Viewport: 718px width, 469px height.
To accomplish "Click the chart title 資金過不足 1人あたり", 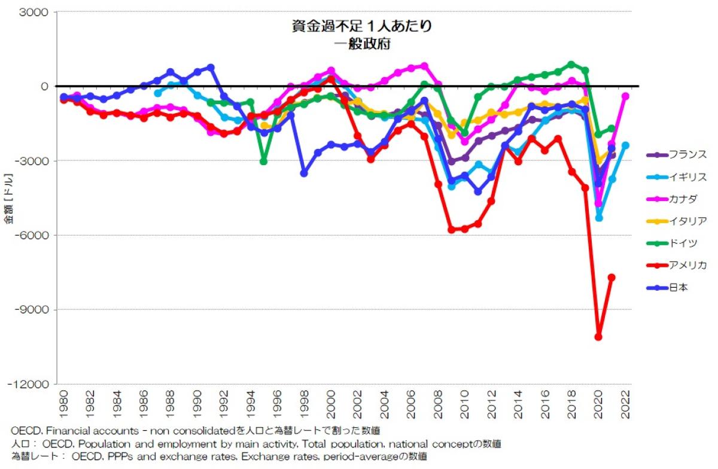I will [362, 27].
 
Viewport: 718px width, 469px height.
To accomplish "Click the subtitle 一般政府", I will [362, 44].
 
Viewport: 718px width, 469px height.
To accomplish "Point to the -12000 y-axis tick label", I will [31, 384].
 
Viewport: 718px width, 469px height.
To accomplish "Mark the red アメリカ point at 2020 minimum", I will [598, 337].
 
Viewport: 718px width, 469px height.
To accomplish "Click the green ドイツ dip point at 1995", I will [263, 162].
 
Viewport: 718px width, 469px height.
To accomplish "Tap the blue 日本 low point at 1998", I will [304, 173].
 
